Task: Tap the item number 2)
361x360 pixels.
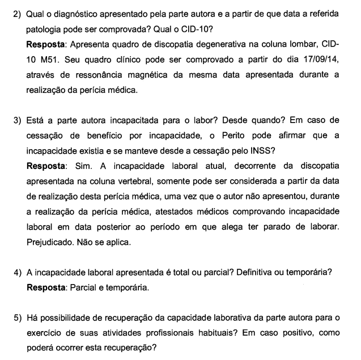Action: coord(18,12)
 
